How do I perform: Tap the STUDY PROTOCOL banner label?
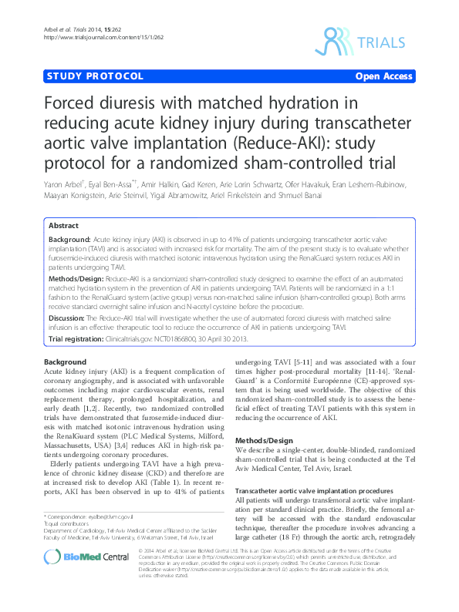pos(95,76)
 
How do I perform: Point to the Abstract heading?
pos(63,226)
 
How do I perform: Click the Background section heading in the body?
pos(65,361)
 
